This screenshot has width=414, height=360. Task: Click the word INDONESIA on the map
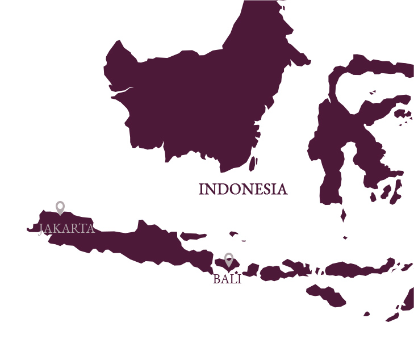242,189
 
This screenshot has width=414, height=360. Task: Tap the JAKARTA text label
66,229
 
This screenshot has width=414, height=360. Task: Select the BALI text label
227,279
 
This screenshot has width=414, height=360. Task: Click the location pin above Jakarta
60,207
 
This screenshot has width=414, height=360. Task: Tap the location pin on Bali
229,259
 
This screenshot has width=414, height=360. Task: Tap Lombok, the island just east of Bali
250,270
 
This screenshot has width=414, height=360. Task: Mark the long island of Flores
358,269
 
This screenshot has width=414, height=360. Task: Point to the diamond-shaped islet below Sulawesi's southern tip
343,216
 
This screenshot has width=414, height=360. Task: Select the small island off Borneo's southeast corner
252,164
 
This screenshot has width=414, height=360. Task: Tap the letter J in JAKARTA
41,229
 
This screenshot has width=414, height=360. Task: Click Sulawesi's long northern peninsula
375,65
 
